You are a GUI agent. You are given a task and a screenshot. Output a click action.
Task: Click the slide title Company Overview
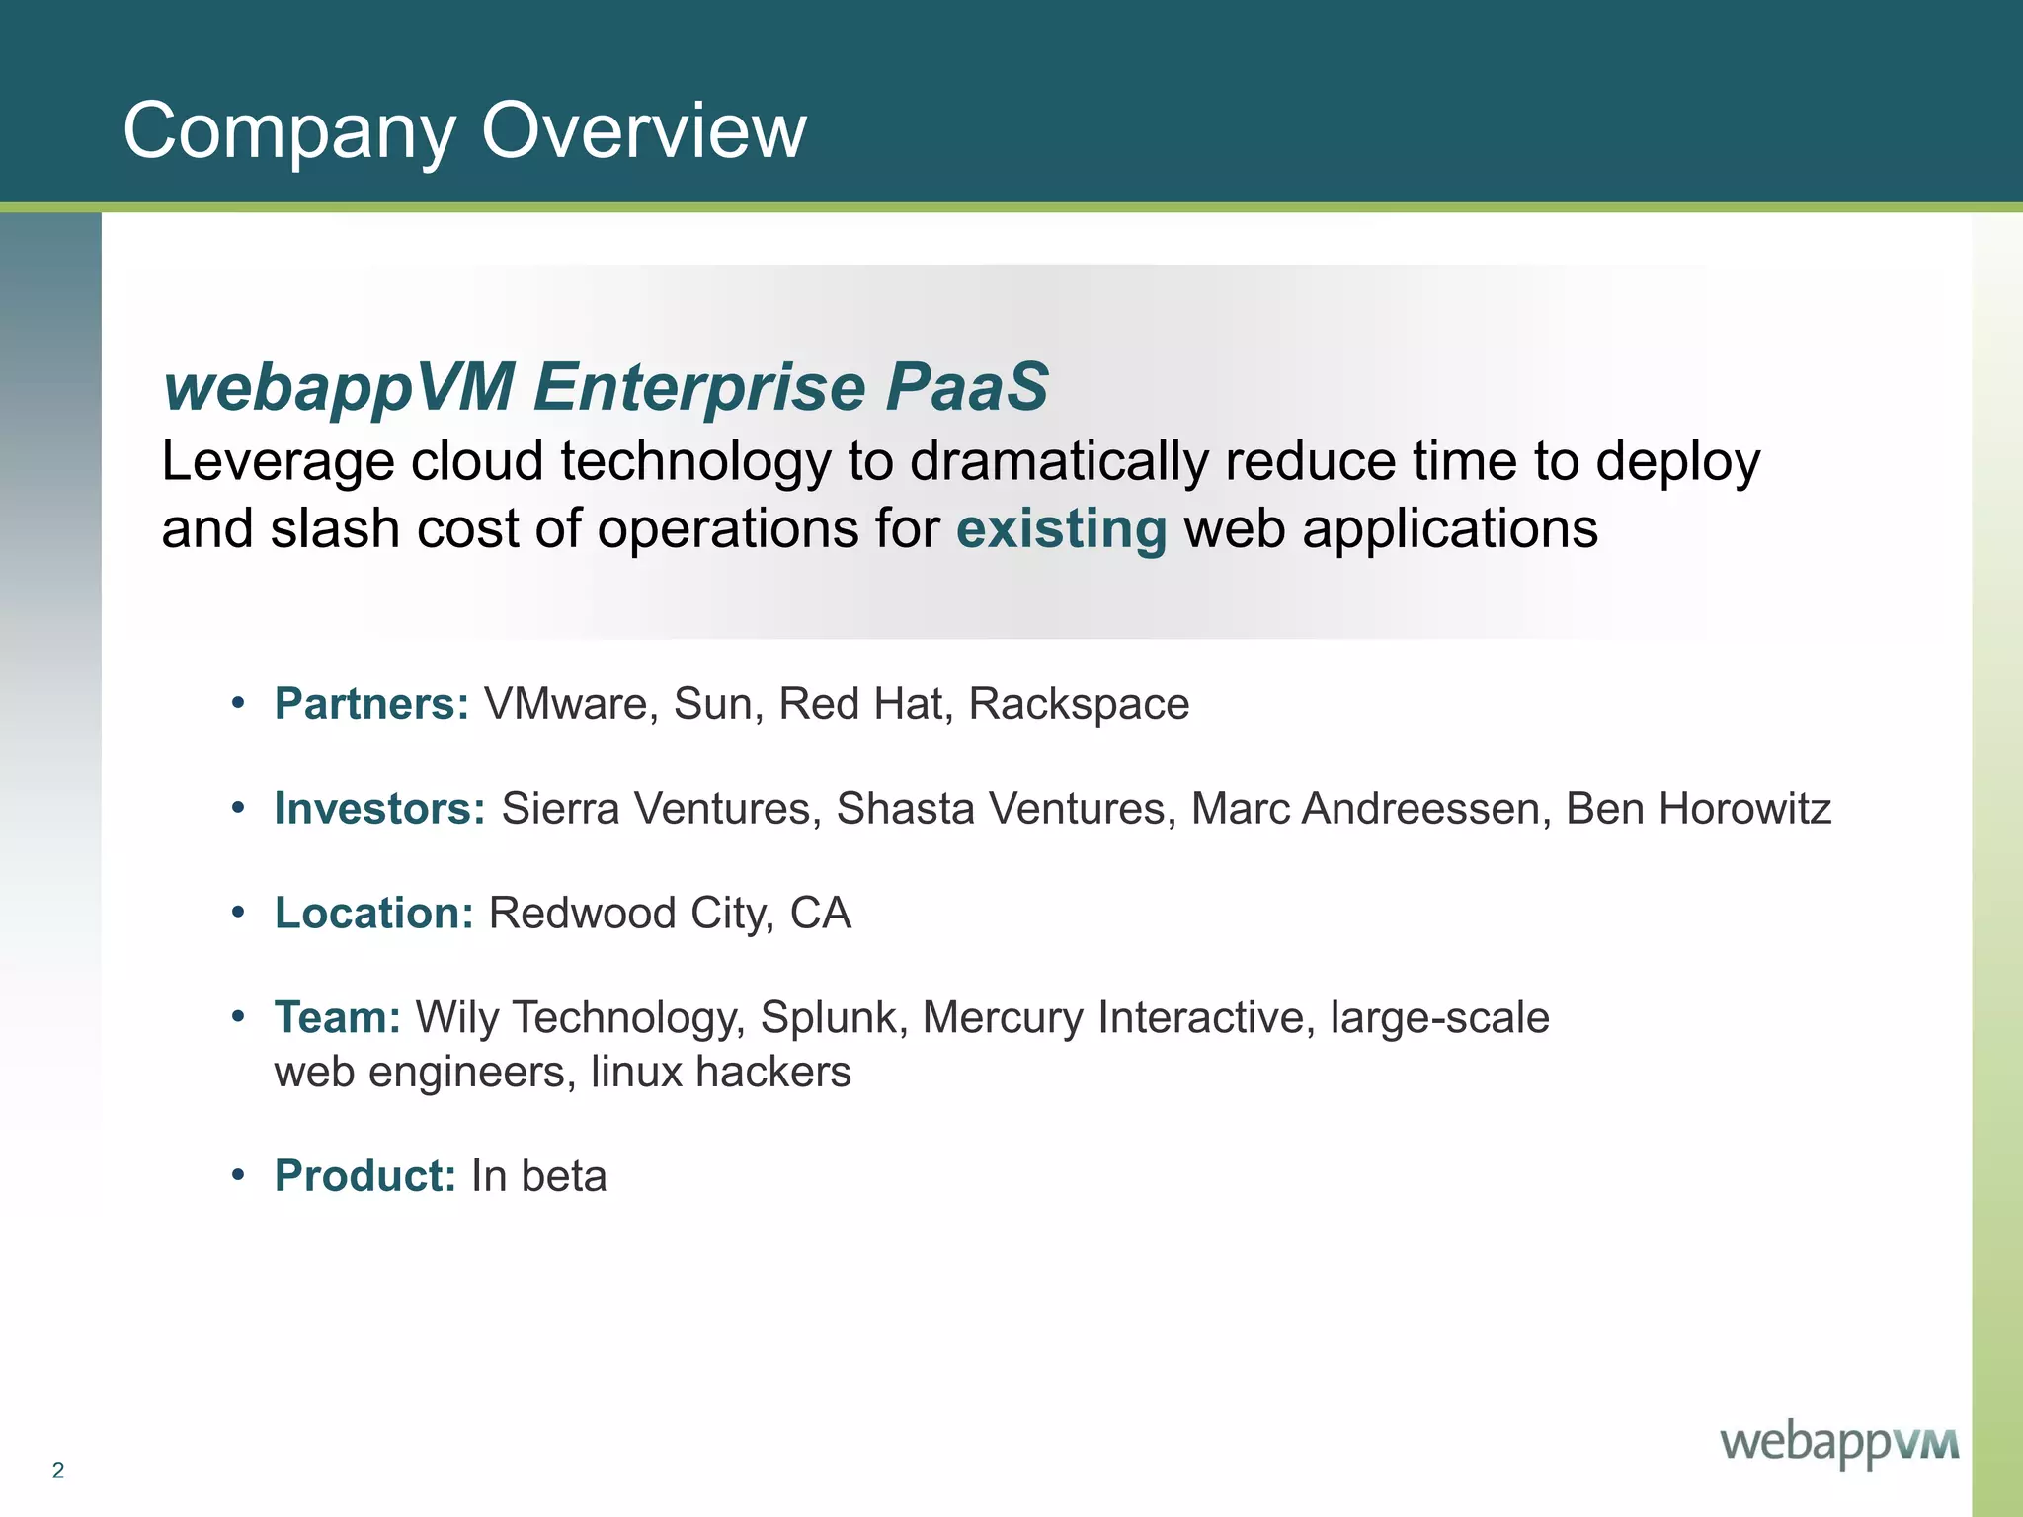coord(464,130)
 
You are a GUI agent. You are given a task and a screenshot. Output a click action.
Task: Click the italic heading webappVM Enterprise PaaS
coord(605,386)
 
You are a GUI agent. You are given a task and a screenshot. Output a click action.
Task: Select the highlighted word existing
coord(1061,528)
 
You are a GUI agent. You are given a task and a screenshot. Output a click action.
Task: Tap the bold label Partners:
coord(371,704)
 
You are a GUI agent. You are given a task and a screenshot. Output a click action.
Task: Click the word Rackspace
coord(1079,704)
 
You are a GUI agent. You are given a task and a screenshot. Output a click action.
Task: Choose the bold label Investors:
coord(380,809)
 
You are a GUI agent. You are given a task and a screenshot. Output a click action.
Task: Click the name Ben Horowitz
coord(1698,809)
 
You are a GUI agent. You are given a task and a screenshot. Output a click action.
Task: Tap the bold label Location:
coord(374,914)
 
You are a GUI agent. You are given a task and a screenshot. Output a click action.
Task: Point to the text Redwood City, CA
coord(670,914)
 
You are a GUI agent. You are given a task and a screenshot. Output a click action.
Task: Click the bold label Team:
coord(338,1018)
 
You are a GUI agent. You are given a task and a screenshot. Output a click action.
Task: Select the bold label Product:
coord(365,1176)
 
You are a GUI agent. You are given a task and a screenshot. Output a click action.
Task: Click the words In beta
coord(539,1176)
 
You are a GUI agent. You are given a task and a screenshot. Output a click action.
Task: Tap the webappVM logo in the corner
coord(1839,1444)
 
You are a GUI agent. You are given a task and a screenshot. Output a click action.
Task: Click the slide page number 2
coord(58,1470)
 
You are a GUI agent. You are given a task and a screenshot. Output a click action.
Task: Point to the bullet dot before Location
coord(237,914)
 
